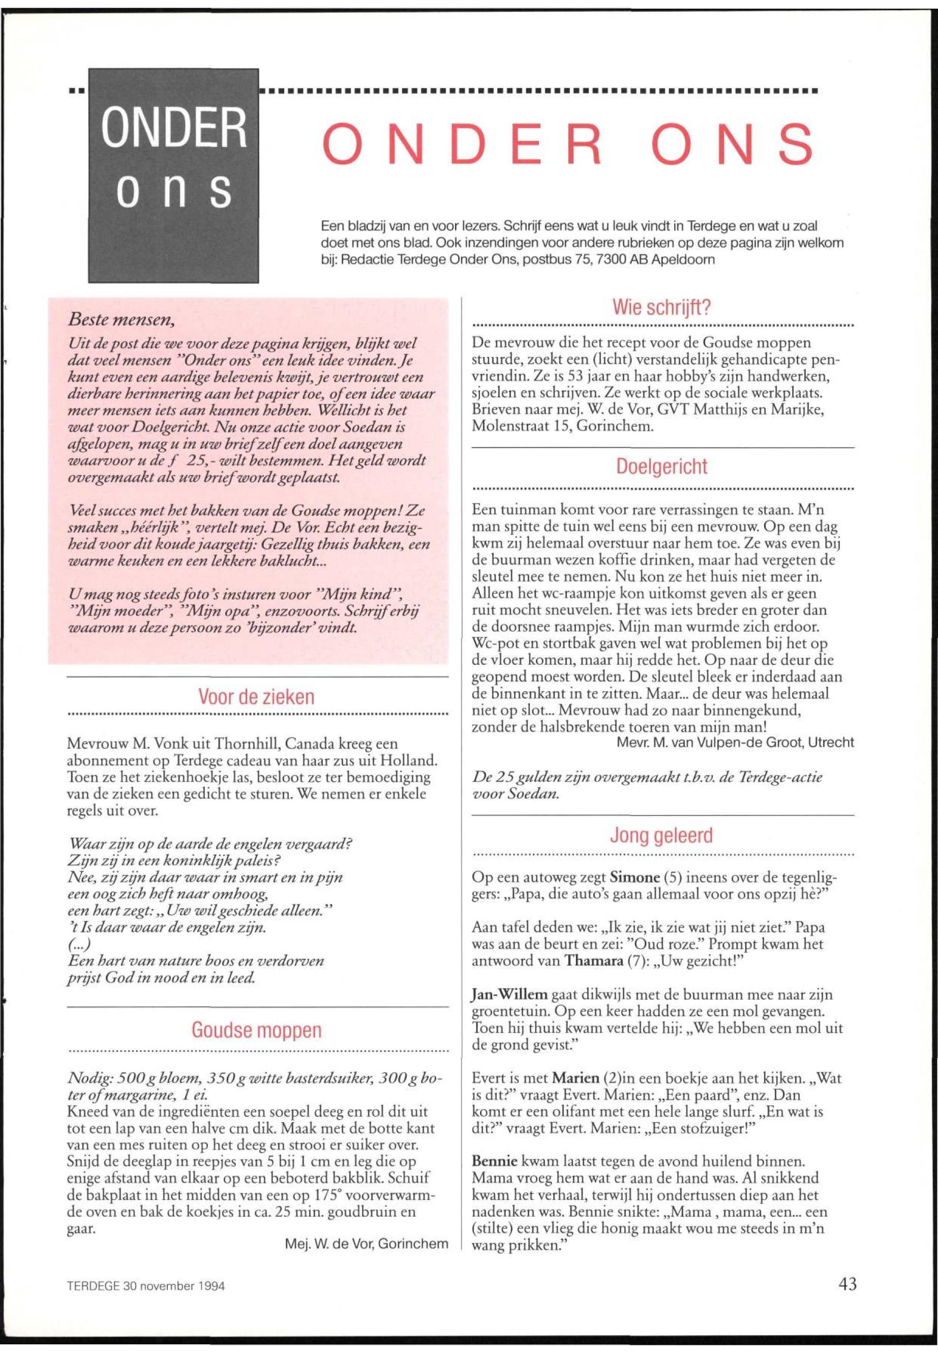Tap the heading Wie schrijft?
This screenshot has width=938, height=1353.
point(662,308)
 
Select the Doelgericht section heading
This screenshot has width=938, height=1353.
point(662,467)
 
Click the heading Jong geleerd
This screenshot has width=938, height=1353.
point(662,835)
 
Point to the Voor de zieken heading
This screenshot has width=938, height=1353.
point(257,697)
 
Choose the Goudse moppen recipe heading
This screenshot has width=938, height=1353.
point(257,1030)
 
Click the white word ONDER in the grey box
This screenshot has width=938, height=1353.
point(174,129)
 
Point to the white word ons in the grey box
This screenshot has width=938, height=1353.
point(174,189)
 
